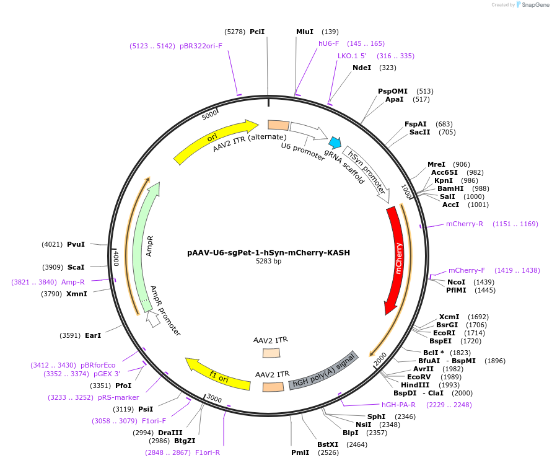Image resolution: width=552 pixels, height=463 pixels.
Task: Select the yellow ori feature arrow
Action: [x=214, y=141]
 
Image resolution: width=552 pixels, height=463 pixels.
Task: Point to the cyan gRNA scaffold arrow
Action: [x=335, y=143]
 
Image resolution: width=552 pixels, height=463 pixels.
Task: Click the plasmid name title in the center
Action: [x=268, y=253]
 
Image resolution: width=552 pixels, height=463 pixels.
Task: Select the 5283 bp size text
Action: [x=268, y=262]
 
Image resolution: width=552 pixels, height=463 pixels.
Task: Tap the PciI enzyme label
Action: [x=257, y=31]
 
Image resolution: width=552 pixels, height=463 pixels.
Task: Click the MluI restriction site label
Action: [x=305, y=31]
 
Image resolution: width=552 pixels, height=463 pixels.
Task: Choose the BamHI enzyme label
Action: [x=450, y=188]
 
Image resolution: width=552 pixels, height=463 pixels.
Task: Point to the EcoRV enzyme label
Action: [x=419, y=377]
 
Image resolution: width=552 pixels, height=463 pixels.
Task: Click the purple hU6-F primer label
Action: [x=329, y=43]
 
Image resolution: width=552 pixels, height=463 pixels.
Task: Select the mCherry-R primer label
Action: [x=465, y=224]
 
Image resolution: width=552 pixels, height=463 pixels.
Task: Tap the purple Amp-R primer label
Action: [x=73, y=282]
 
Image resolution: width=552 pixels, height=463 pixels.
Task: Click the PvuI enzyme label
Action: [x=76, y=244]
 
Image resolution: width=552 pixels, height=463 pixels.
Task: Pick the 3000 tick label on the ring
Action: [x=214, y=397]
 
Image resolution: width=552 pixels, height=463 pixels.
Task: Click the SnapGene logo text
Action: [x=535, y=5]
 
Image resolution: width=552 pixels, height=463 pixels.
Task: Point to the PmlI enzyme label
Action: [x=300, y=452]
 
